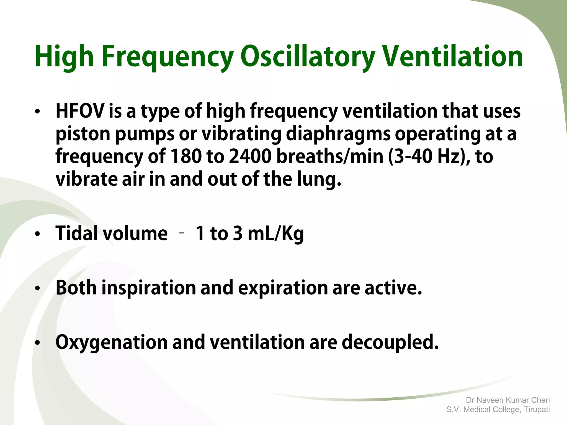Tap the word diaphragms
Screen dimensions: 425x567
[338, 134]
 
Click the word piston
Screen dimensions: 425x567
[83, 134]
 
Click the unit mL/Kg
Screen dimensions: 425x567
[276, 233]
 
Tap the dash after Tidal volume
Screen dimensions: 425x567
[182, 233]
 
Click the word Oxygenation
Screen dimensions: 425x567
[112, 342]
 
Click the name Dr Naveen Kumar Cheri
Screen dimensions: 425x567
[508, 400]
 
